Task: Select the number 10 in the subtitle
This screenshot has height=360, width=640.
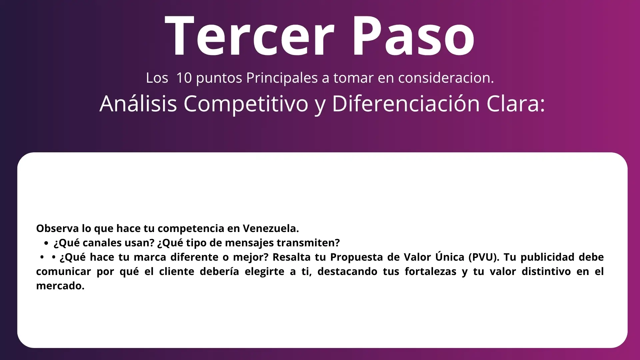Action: coord(184,78)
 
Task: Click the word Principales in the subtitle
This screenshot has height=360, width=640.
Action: coord(282,78)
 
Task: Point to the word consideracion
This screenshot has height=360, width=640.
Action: coord(446,78)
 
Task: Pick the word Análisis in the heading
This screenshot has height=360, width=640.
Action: coord(138,103)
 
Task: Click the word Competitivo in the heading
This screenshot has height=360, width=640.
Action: coord(246,104)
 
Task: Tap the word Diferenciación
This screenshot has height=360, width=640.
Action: coord(406,103)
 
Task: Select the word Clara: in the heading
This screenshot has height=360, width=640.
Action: coord(516,103)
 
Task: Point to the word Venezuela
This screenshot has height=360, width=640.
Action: coord(271,228)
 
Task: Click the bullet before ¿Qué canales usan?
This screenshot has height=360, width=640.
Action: coord(46,243)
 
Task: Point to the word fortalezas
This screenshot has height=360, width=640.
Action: coord(431,271)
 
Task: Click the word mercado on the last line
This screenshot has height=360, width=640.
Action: coord(60,286)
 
